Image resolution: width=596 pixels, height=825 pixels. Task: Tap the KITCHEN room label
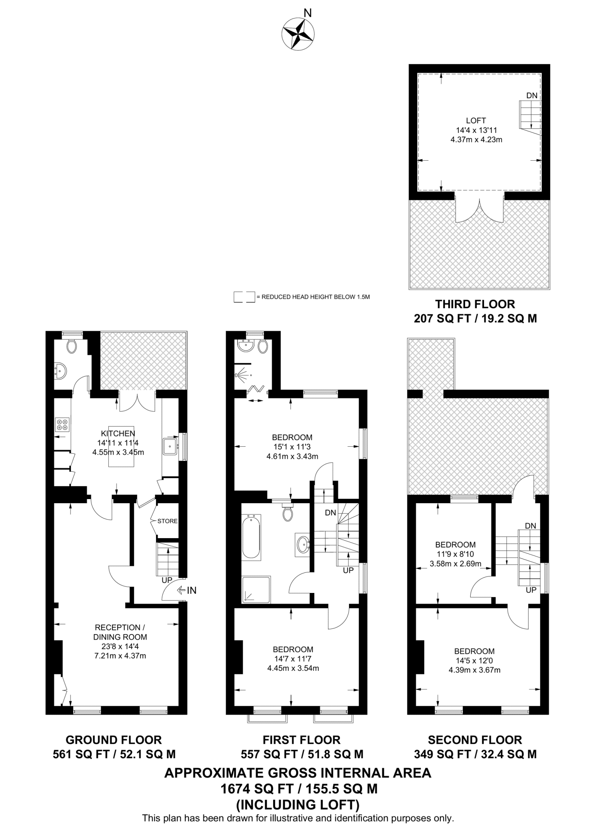coord(118,433)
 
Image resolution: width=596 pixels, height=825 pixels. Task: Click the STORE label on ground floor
coord(167,521)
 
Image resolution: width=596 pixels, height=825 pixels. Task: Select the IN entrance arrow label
coord(191,591)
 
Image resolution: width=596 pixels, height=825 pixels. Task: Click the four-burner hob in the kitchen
coord(62,425)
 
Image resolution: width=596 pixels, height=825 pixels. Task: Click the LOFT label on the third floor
coord(476,120)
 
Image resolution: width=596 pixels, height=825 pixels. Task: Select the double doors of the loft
coord(479,210)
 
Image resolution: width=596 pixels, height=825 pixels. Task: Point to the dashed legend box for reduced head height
coord(244,297)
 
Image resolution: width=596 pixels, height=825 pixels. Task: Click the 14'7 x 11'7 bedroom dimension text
coord(293,659)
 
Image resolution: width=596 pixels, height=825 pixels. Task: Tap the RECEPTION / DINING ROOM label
coord(120,632)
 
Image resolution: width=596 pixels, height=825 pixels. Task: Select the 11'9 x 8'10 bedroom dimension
coord(455,554)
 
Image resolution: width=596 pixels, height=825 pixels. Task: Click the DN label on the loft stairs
coord(532,95)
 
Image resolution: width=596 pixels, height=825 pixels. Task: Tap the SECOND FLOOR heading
coord(475,740)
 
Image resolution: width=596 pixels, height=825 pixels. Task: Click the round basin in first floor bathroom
coord(303,545)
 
